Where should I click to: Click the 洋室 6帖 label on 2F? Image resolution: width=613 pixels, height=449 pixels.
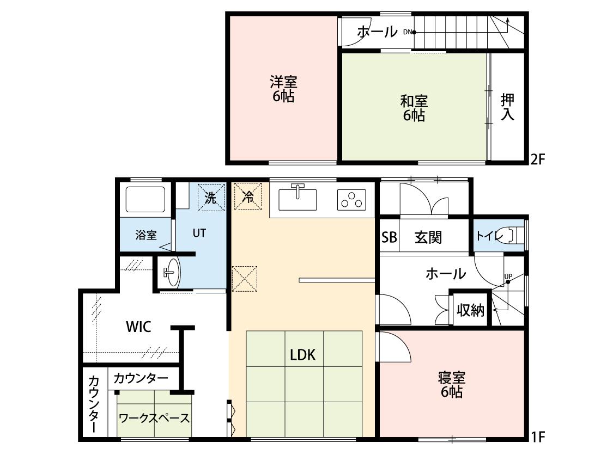coord(283,89)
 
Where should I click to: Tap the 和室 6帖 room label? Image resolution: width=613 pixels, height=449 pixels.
coord(414,108)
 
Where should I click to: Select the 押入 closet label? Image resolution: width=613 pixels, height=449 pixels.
coord(507,107)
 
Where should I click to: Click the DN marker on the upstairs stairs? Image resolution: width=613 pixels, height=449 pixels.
coord(408,32)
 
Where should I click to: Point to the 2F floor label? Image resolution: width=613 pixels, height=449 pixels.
coord(538,159)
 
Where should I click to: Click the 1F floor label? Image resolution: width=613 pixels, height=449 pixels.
coord(538,436)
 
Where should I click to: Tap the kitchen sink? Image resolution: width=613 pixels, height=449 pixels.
coord(298,199)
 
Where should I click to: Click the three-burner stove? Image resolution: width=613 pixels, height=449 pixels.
coord(351,200)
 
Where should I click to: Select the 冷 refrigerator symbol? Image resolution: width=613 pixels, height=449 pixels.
coord(247,196)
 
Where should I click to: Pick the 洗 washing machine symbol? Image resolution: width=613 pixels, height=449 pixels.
coord(211,198)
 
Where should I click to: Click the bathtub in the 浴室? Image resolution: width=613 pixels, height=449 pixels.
coord(145,200)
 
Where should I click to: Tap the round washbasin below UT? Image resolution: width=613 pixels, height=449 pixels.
coord(172,272)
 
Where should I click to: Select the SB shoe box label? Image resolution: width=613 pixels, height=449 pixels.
coord(389,237)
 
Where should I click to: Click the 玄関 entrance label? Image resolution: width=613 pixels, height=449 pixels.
coord(428,237)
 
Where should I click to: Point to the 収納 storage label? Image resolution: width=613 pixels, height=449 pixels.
coord(471,310)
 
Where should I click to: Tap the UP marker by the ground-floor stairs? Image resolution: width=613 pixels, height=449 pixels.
coord(508,276)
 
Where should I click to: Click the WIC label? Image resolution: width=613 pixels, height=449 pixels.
coord(139,327)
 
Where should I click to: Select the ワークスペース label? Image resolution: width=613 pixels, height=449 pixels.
coord(154,418)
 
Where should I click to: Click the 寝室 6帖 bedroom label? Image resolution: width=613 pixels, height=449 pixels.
coord(452,385)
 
